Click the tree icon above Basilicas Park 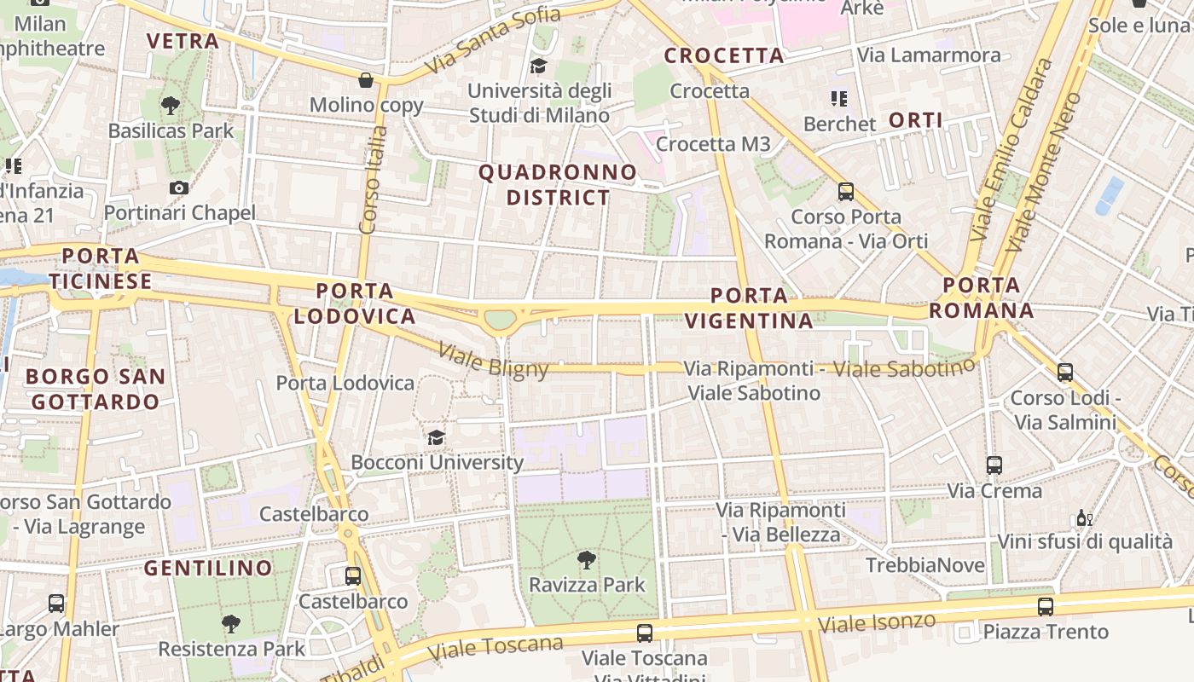171,106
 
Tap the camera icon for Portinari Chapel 179,188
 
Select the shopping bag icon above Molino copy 366,80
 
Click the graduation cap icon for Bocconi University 437,437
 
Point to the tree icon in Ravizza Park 587,560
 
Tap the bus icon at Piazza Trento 1046,606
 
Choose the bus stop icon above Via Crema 994,465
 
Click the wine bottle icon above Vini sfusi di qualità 1084,517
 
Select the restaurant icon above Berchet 839,99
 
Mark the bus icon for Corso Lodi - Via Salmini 1065,373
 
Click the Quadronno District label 558,185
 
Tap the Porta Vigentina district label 750,308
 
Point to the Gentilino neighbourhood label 208,568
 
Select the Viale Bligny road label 494,360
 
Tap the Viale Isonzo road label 877,622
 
